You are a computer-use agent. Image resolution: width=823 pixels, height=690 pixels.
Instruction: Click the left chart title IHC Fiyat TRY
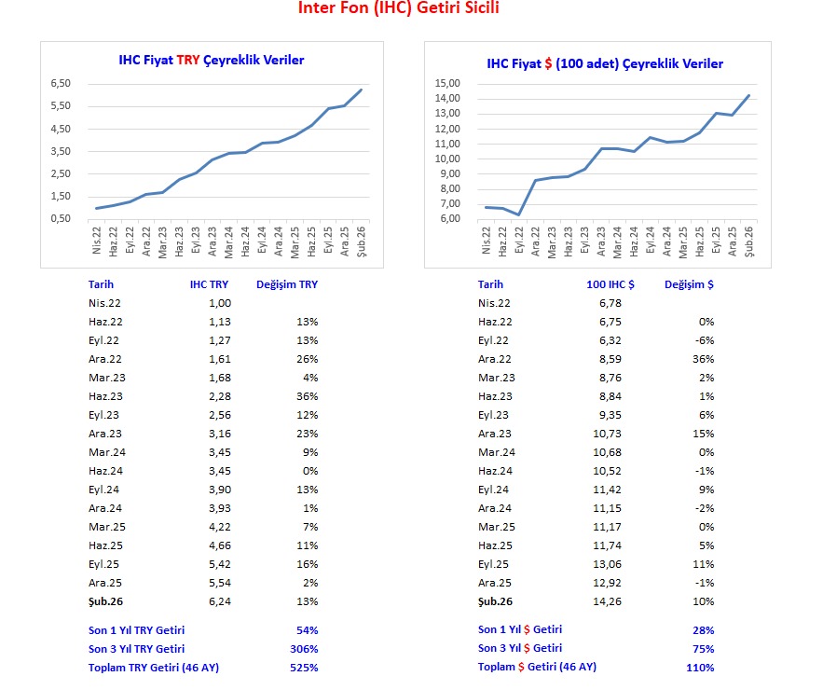pos(212,60)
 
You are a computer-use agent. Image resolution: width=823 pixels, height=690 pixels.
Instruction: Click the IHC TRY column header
pos(210,284)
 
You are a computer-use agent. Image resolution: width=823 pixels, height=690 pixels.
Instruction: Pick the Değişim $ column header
pos(690,284)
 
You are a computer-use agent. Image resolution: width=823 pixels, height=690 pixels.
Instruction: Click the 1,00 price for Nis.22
pos(219,303)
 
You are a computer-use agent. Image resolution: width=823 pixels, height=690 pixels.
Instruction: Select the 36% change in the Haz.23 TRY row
pos(307,396)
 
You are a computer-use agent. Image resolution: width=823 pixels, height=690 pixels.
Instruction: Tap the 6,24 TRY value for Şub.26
pos(219,601)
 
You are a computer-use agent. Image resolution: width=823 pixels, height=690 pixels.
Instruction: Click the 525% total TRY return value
pos(305,668)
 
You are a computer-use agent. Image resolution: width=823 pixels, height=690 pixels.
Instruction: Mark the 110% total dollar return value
pos(700,668)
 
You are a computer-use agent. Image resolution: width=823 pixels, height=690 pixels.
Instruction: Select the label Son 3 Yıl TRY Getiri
pos(136,649)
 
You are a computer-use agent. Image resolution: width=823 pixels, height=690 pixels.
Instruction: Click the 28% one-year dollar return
pos(703,630)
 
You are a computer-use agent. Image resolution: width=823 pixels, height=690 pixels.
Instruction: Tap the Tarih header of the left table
pos(101,284)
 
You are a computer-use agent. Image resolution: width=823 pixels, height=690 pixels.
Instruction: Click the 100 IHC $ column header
pos(604,284)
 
